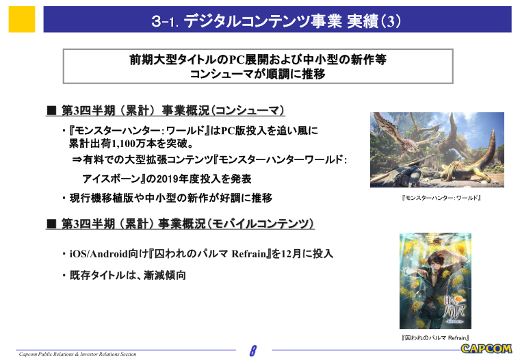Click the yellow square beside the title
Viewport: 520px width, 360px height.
pyautogui.click(x=22, y=19)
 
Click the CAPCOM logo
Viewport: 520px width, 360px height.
pyautogui.click(x=486, y=349)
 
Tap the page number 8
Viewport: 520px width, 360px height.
pyautogui.click(x=253, y=350)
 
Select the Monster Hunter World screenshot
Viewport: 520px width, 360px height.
pyautogui.click(x=437, y=150)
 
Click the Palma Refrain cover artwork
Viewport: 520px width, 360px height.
pyautogui.click(x=435, y=281)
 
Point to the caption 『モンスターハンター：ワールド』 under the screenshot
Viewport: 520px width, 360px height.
pyautogui.click(x=441, y=198)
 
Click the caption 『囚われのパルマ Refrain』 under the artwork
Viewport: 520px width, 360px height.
pyautogui.click(x=435, y=338)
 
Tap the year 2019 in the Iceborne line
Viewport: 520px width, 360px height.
pyautogui.click(x=168, y=179)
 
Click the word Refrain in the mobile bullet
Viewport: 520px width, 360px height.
pyautogui.click(x=249, y=254)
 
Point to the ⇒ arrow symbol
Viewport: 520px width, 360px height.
pyautogui.click(x=77, y=160)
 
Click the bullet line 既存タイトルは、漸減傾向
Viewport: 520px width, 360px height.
pyautogui.click(x=128, y=275)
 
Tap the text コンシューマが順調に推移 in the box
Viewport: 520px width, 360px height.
pyautogui.click(x=258, y=74)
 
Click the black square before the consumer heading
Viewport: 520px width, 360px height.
pyautogui.click(x=51, y=110)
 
